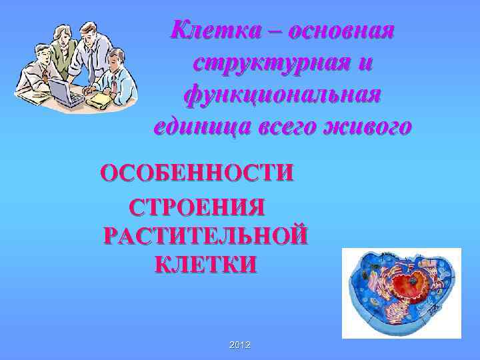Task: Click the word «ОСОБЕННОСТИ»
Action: [x=196, y=173]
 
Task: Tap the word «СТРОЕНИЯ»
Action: [x=197, y=207]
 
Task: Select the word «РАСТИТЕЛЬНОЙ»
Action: [x=206, y=236]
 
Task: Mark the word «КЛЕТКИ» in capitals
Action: [x=205, y=265]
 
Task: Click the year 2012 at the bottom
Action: [x=239, y=344]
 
